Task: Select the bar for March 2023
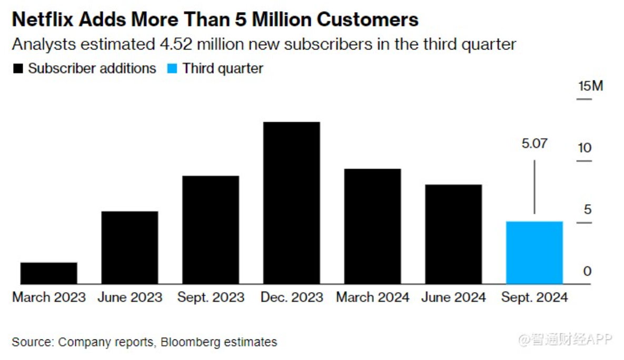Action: (48, 273)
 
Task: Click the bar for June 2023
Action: (130, 247)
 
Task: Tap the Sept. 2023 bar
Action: (211, 230)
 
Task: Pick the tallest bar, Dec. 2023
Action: (291, 203)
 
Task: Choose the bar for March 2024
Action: (372, 226)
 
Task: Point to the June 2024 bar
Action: (453, 234)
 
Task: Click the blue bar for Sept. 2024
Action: (534, 253)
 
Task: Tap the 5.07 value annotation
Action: (534, 143)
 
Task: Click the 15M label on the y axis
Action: (590, 86)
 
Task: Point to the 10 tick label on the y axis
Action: (585, 148)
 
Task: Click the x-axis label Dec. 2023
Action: (292, 297)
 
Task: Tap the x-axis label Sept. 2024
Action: (534, 297)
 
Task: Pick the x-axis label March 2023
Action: (49, 297)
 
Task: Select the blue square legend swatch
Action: (172, 69)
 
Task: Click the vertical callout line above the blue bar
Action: (534, 187)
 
